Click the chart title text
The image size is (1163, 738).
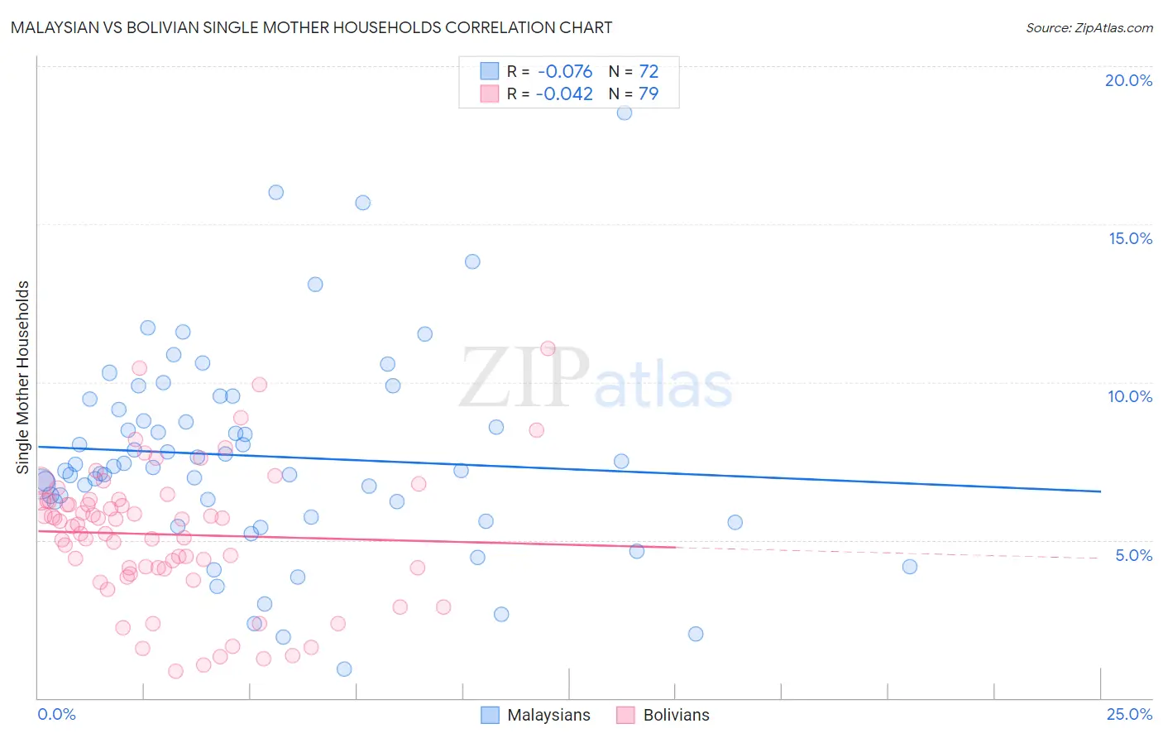click(312, 27)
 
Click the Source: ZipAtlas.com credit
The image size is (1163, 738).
click(1089, 27)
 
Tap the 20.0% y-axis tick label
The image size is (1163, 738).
click(1128, 80)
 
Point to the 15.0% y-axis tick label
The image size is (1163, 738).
click(1130, 238)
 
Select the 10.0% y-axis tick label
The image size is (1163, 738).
click(1130, 396)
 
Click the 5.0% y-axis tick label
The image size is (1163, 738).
click(1133, 555)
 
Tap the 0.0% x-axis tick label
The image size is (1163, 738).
click(57, 714)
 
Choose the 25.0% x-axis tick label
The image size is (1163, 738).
click(1129, 714)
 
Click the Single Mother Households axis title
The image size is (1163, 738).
click(22, 377)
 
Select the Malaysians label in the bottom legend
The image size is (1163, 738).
click(548, 715)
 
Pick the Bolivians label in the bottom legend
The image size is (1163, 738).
click(676, 715)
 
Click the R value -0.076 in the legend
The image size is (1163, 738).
click(564, 72)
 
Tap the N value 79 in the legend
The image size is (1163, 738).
click(649, 94)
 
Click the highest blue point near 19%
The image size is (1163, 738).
click(625, 113)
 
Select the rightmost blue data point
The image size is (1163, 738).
click(910, 567)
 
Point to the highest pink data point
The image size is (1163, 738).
click(548, 348)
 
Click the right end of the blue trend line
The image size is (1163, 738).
click(1099, 491)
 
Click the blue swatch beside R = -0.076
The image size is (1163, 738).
click(490, 72)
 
